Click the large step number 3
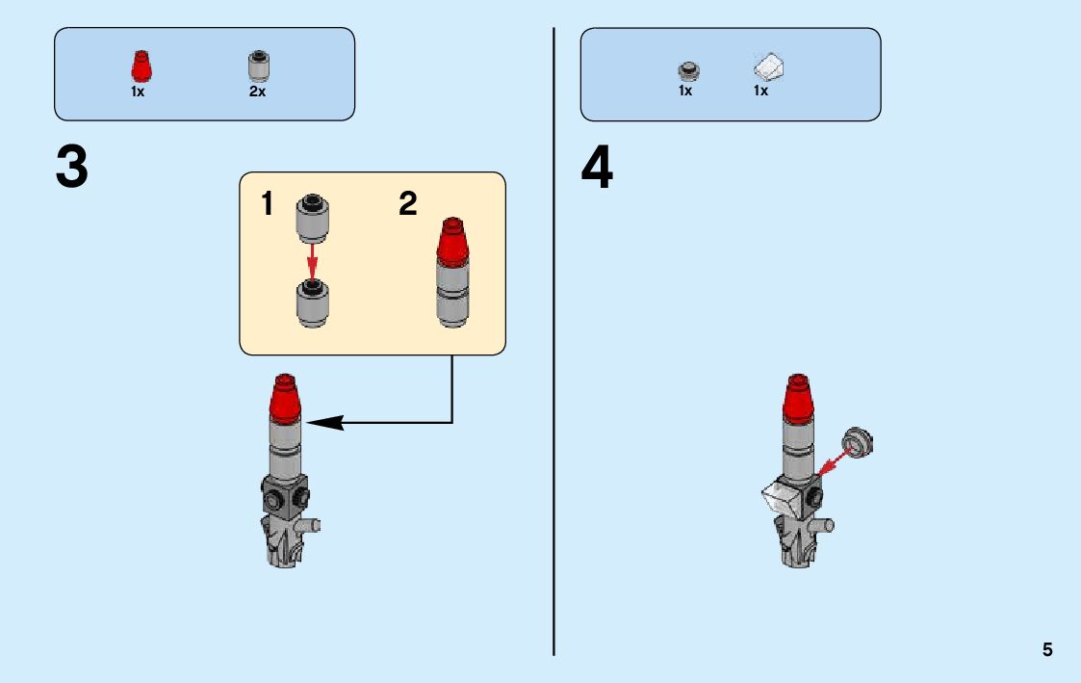72,168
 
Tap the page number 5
1047,650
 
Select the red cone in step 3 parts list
141,67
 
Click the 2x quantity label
257,92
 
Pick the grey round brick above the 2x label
259,66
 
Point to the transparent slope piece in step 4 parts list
769,68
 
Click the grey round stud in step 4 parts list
688,70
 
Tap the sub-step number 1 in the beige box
267,204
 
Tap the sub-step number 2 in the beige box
408,204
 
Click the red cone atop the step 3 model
285,398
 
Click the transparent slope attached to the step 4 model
781,498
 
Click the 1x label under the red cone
138,92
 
